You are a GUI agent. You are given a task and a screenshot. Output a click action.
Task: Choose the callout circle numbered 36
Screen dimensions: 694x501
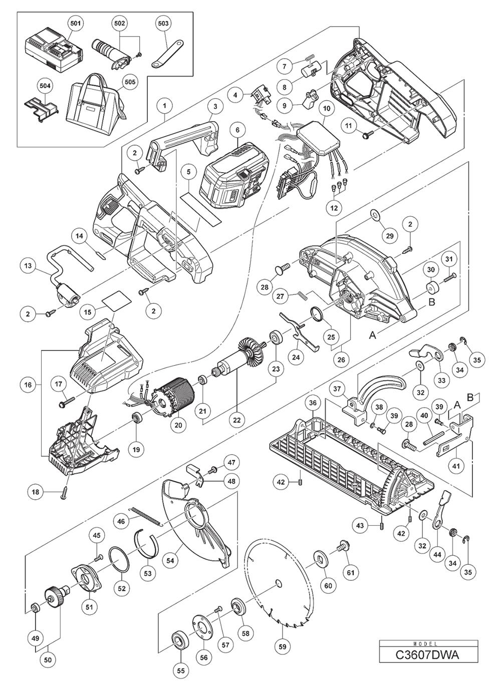(313, 402)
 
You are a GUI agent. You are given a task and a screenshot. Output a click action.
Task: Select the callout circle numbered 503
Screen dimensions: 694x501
(163, 24)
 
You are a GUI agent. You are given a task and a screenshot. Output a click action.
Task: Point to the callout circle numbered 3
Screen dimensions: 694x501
(215, 106)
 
